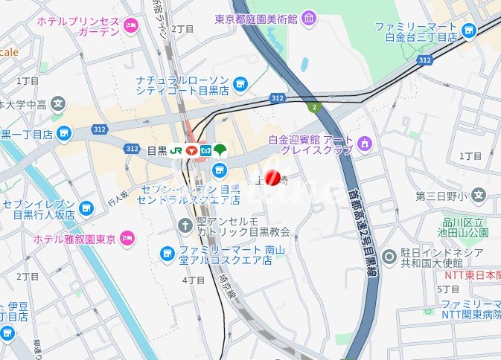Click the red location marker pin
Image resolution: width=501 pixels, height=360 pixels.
272,178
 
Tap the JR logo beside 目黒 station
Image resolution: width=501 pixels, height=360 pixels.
176,150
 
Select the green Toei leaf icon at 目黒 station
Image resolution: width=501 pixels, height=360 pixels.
220,150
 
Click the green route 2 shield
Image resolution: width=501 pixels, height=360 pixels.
314,107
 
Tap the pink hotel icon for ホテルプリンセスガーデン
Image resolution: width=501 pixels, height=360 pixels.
132,26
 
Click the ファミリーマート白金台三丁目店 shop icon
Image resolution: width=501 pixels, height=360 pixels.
468,30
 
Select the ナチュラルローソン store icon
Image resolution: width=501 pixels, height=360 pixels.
240,84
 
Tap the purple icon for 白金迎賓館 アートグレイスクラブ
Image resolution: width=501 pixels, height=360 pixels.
364,142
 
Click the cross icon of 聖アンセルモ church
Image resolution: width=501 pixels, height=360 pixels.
186,224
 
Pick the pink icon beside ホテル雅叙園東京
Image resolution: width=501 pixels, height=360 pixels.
127,238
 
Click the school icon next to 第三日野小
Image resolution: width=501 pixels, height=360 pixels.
478,197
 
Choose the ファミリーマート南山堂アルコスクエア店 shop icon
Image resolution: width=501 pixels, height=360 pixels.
167,254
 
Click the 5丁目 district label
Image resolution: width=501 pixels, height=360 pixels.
448,289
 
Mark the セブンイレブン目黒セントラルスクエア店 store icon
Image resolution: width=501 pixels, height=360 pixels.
219,171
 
